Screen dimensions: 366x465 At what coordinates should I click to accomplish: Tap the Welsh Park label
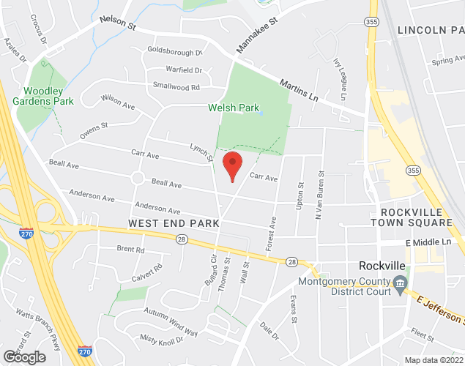pos(234,108)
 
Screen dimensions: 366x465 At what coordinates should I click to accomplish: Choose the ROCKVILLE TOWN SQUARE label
pos(411,217)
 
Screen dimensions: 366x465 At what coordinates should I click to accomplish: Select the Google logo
pos(23,357)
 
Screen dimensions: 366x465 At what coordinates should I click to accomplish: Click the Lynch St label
pos(202,152)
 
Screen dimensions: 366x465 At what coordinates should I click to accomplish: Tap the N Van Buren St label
pos(319,194)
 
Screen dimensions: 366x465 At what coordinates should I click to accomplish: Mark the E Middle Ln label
pos(428,242)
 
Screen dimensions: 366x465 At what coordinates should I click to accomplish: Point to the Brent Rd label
pos(130,250)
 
